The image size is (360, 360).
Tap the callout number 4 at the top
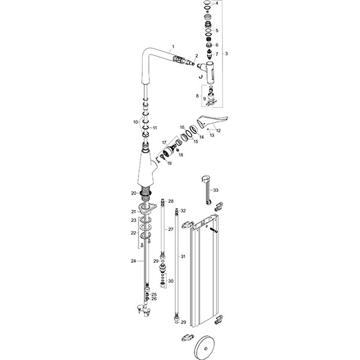tap(217, 4)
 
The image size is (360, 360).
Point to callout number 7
tap(217, 55)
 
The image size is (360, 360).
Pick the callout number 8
tap(196, 96)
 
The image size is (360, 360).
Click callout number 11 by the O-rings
tap(154, 128)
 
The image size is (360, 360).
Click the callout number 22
tap(133, 233)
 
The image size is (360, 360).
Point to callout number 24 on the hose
tap(133, 261)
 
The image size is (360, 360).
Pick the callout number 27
tap(170, 230)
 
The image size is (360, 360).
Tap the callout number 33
tap(216, 190)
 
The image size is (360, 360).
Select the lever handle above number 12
tap(211, 118)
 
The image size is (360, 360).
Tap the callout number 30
tap(170, 281)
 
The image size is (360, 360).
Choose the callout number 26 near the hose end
tap(154, 299)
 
